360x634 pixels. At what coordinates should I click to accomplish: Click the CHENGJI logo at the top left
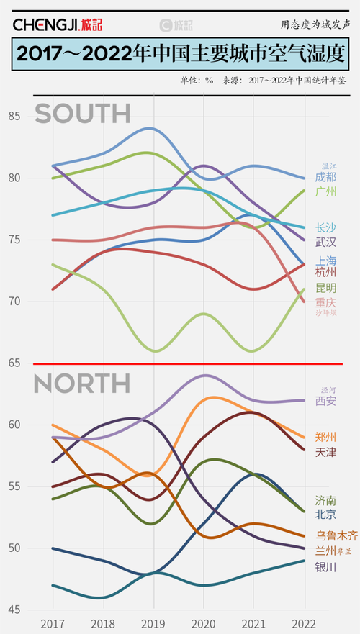[x=58, y=24]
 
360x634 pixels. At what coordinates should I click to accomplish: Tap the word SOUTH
[x=83, y=114]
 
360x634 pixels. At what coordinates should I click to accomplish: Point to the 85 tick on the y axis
[x=15, y=116]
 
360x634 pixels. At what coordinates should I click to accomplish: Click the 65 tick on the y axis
[x=15, y=363]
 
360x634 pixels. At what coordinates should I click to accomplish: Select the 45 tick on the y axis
[x=15, y=610]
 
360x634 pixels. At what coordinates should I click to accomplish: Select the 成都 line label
[x=325, y=176]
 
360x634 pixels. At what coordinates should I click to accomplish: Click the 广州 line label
[x=325, y=192]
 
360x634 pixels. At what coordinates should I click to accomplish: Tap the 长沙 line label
[x=325, y=227]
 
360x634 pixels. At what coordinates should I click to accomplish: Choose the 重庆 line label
[x=325, y=302]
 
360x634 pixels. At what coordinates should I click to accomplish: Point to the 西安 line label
[x=325, y=401]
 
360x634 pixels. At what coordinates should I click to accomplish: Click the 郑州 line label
[x=325, y=436]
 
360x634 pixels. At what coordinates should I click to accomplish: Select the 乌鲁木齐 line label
[x=336, y=535]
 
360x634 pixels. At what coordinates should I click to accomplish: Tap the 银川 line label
[x=325, y=566]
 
